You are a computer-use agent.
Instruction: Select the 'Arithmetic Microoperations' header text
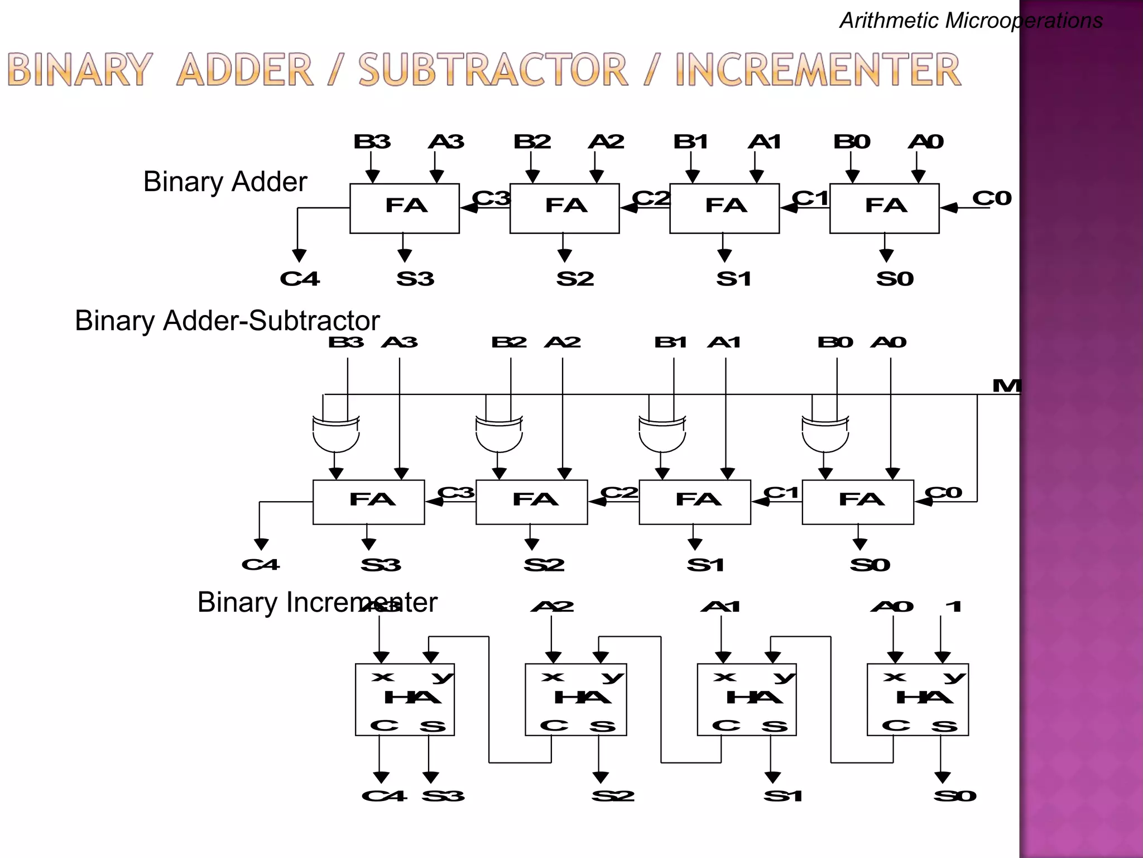click(x=971, y=21)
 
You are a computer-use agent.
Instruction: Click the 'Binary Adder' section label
click(x=225, y=182)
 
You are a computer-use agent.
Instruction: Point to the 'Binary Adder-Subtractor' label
click(x=227, y=321)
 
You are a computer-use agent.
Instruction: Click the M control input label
click(x=1006, y=385)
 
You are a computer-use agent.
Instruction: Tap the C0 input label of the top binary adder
click(x=992, y=198)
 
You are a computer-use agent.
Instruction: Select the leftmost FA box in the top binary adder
click(x=405, y=208)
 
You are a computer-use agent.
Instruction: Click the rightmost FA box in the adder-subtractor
click(x=858, y=502)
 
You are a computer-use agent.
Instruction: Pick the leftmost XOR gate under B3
click(x=336, y=434)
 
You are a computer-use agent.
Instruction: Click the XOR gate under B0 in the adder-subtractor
click(x=825, y=434)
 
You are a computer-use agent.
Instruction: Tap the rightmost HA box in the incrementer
click(x=918, y=699)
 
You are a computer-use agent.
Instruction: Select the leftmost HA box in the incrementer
click(x=405, y=699)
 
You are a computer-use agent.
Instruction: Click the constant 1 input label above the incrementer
click(x=954, y=607)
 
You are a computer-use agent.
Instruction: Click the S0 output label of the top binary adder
click(x=895, y=279)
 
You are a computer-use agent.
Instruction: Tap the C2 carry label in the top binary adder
click(x=651, y=198)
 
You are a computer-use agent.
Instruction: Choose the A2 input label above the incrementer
click(x=552, y=607)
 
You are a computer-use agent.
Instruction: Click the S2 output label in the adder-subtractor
click(x=544, y=565)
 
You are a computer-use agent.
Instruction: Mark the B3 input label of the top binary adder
click(x=372, y=142)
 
